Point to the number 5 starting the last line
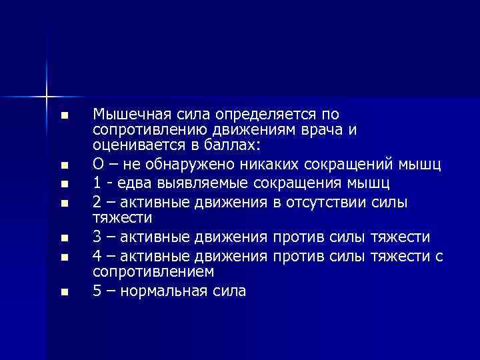(x=97, y=291)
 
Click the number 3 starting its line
(x=97, y=237)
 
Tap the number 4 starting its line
(x=97, y=257)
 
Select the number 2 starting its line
(x=97, y=202)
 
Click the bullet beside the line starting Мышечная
(x=63, y=116)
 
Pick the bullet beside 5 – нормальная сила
(x=63, y=292)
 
